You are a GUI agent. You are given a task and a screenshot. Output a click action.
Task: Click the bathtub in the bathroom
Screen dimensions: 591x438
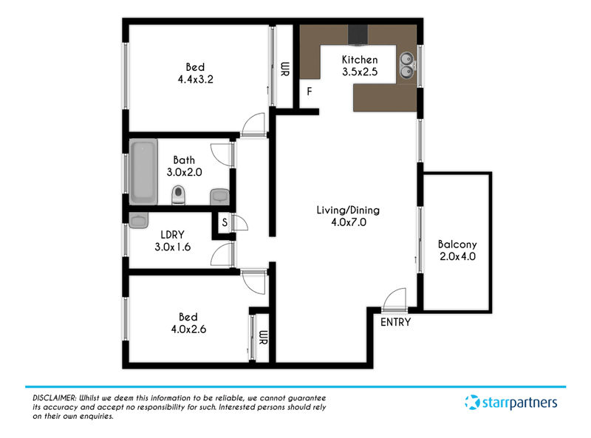click(x=143, y=171)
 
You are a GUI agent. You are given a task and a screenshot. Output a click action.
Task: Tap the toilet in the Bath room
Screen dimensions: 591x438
click(x=178, y=195)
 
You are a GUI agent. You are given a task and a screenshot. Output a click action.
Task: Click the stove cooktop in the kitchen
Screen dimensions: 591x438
click(x=358, y=35)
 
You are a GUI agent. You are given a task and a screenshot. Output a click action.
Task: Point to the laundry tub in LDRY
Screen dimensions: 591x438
click(x=138, y=220)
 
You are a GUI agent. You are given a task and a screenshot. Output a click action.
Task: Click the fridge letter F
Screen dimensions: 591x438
click(x=310, y=91)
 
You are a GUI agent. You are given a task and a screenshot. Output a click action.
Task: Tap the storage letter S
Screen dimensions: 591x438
click(x=225, y=222)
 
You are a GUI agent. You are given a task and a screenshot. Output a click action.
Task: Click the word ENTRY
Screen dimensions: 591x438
click(x=395, y=322)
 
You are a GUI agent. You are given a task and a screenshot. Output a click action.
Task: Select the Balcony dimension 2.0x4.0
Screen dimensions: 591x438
click(x=457, y=256)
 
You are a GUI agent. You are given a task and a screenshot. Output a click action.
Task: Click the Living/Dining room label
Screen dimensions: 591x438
click(x=348, y=211)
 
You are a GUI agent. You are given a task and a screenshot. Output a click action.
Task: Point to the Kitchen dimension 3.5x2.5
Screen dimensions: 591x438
click(x=360, y=72)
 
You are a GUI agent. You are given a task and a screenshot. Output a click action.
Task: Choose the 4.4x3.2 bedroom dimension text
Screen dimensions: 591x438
click(x=195, y=79)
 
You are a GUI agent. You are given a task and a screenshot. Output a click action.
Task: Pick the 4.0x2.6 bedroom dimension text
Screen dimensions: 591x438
click(x=188, y=329)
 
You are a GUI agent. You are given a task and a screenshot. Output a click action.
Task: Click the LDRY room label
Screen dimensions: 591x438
click(x=172, y=234)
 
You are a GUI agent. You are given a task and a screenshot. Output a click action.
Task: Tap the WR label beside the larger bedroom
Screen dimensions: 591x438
click(x=285, y=69)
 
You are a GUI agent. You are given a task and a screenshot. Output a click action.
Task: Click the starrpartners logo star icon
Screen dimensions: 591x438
click(x=472, y=403)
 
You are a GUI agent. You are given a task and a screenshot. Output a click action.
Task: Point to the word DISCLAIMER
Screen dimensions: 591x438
click(x=54, y=398)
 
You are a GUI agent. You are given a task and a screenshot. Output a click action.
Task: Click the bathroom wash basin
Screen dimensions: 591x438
click(x=219, y=196)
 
